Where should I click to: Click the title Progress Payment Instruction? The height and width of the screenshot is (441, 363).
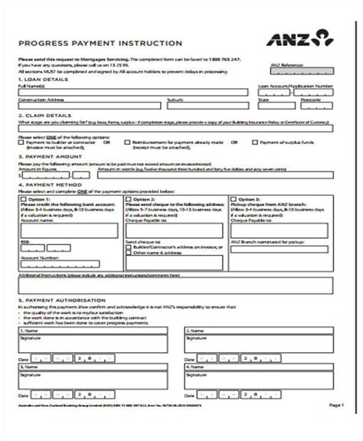pos(100,44)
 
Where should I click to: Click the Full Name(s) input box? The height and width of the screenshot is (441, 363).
pos(132,92)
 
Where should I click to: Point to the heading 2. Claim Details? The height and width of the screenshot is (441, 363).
pos(41,116)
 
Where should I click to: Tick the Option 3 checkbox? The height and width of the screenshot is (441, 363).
pos(233,198)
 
